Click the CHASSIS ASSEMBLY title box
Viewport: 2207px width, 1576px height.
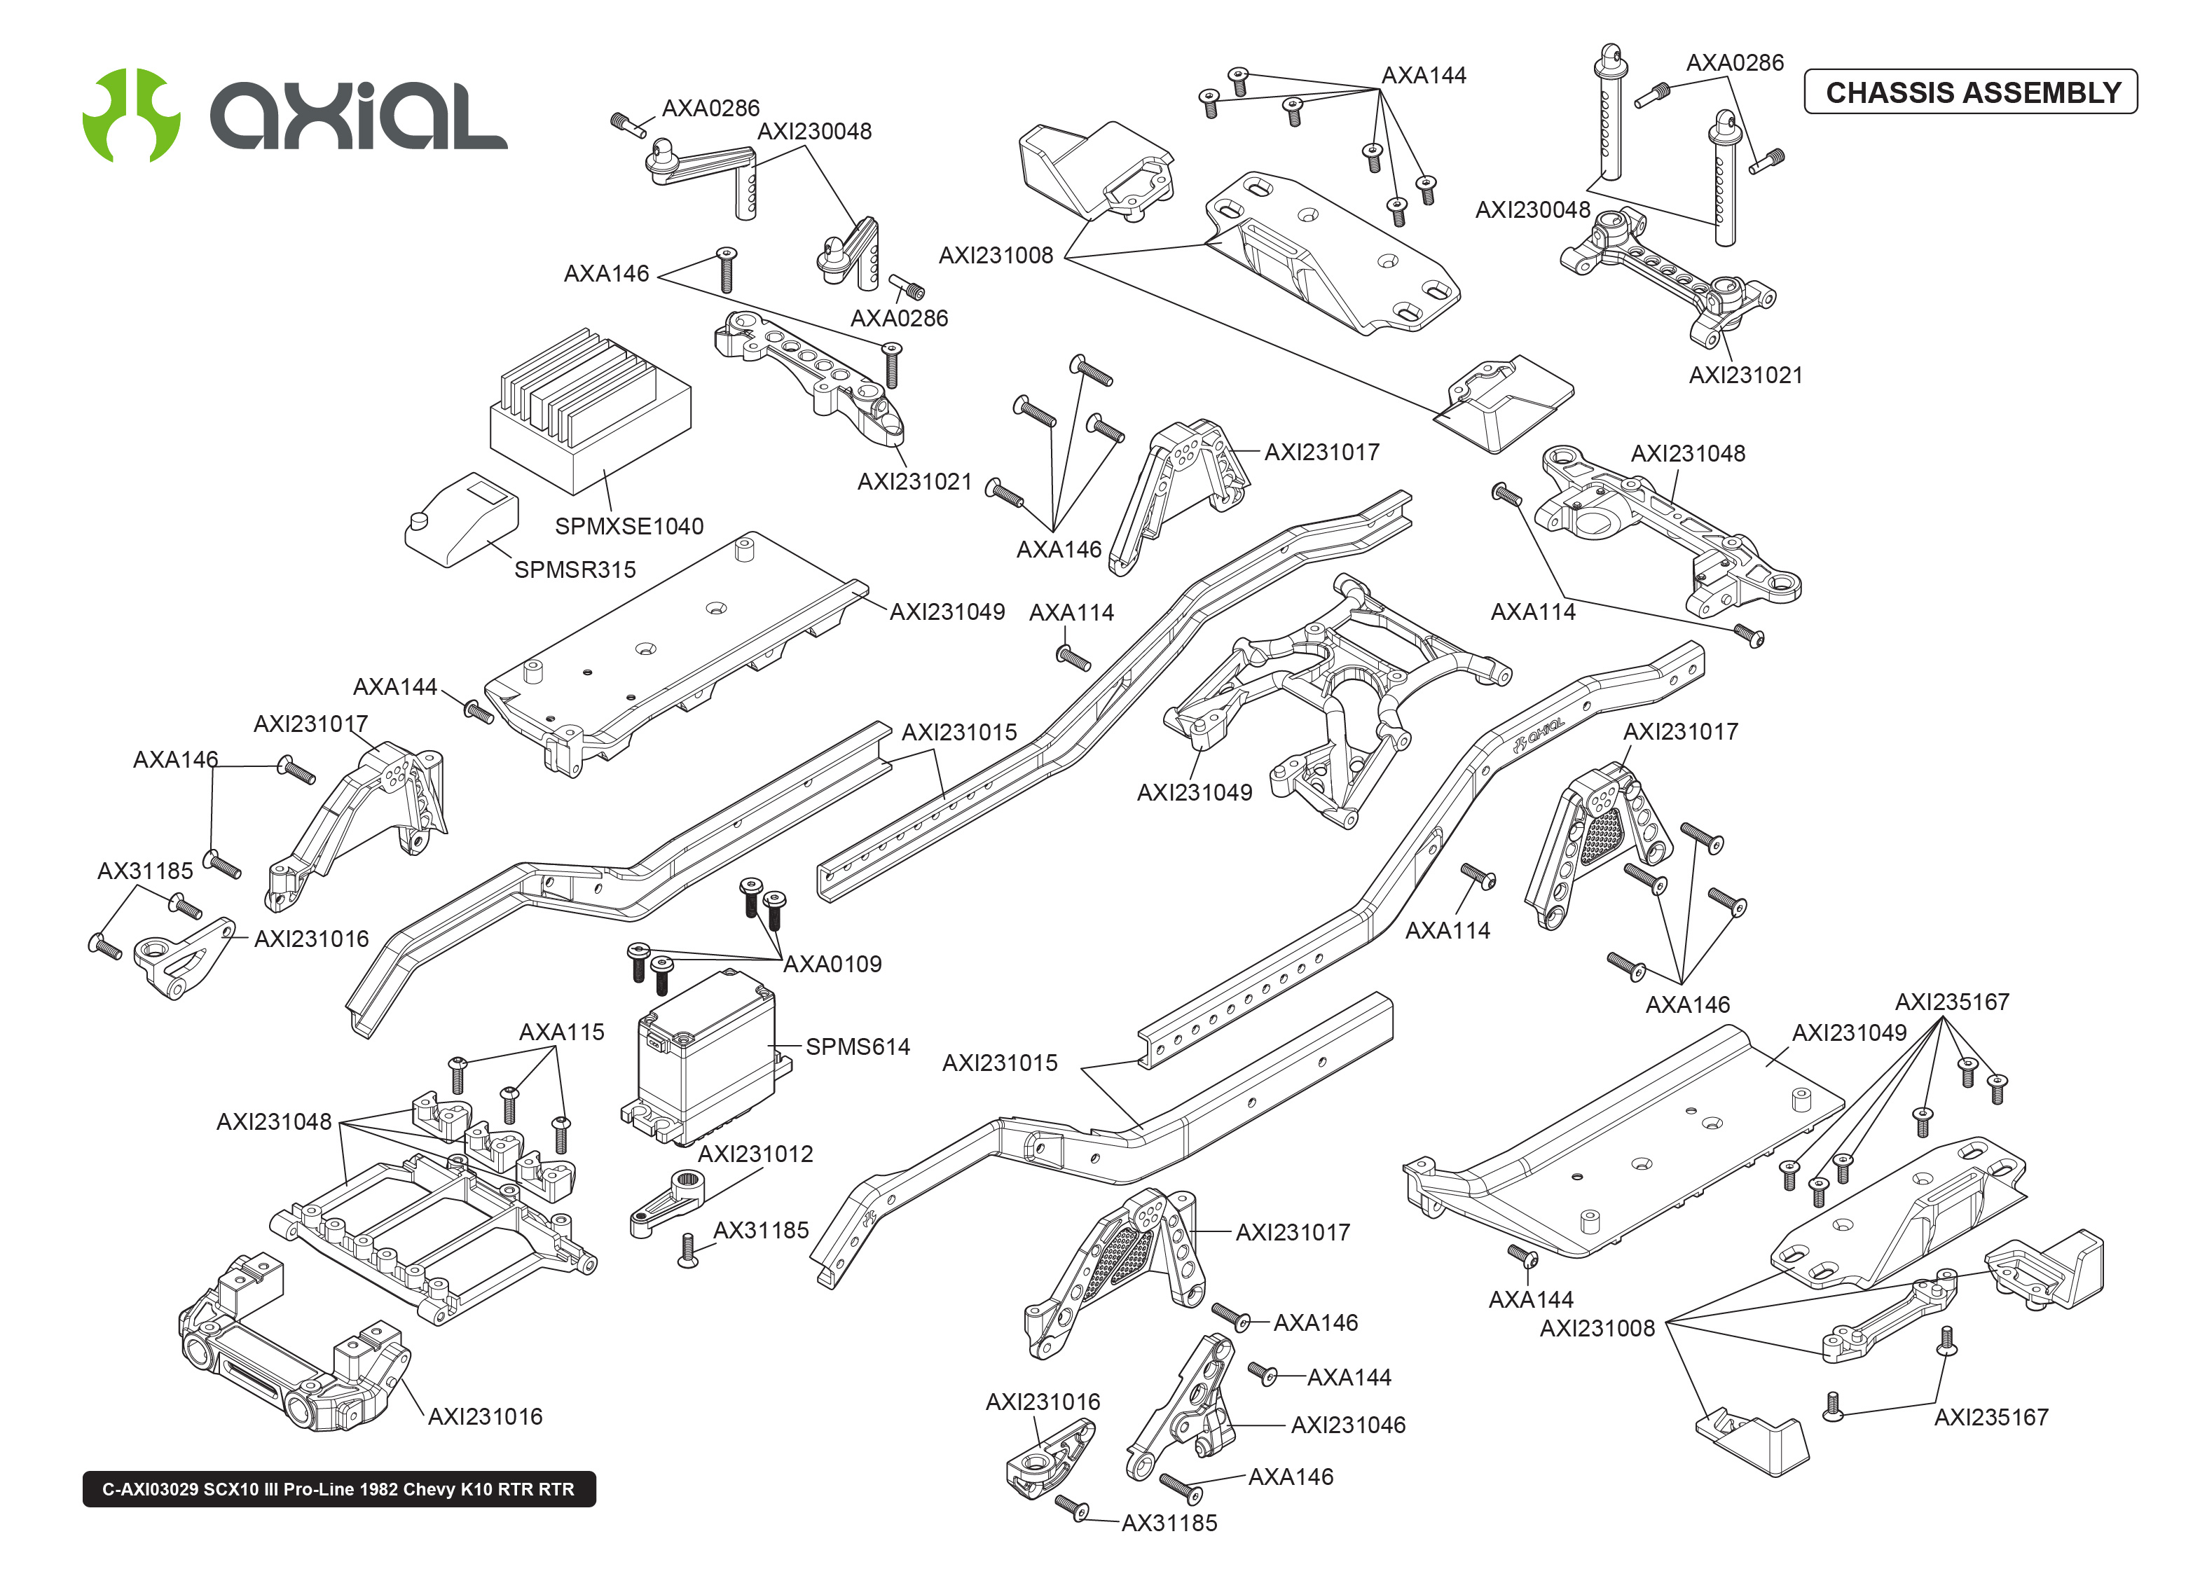pos(1970,92)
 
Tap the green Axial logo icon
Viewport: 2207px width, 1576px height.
pos(131,114)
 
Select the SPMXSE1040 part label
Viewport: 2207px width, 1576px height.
pos(629,526)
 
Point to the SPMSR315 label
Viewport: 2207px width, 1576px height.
pos(575,569)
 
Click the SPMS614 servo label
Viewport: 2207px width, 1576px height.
pos(857,1046)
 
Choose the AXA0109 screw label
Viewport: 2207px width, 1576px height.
pos(832,964)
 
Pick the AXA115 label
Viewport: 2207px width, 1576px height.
pos(561,1032)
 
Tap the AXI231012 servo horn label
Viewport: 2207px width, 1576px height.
pos(755,1154)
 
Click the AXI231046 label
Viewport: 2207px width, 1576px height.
pos(1347,1425)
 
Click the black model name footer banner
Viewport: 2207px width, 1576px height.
pos(338,1488)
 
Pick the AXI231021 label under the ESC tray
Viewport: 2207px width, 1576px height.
pos(914,481)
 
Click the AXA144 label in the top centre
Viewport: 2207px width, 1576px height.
pos(1423,76)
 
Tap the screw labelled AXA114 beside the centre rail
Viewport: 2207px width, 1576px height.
pos(1073,658)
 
